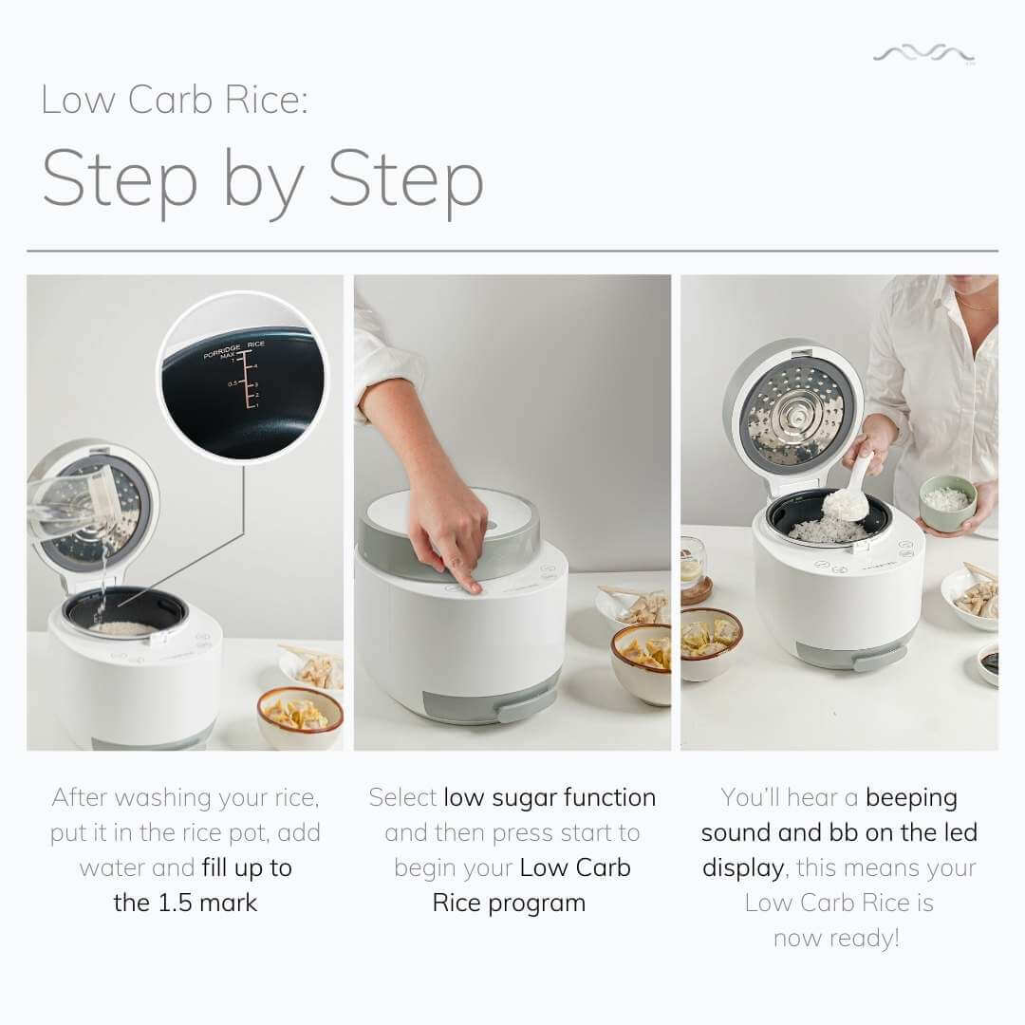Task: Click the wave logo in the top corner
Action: tap(923, 55)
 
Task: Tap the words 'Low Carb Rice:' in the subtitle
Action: tap(175, 100)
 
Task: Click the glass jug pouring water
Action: tap(71, 503)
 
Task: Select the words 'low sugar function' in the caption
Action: tap(550, 797)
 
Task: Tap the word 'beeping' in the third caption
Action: tap(911, 797)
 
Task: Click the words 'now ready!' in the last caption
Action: tap(836, 938)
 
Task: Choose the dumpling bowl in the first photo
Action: tap(300, 716)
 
